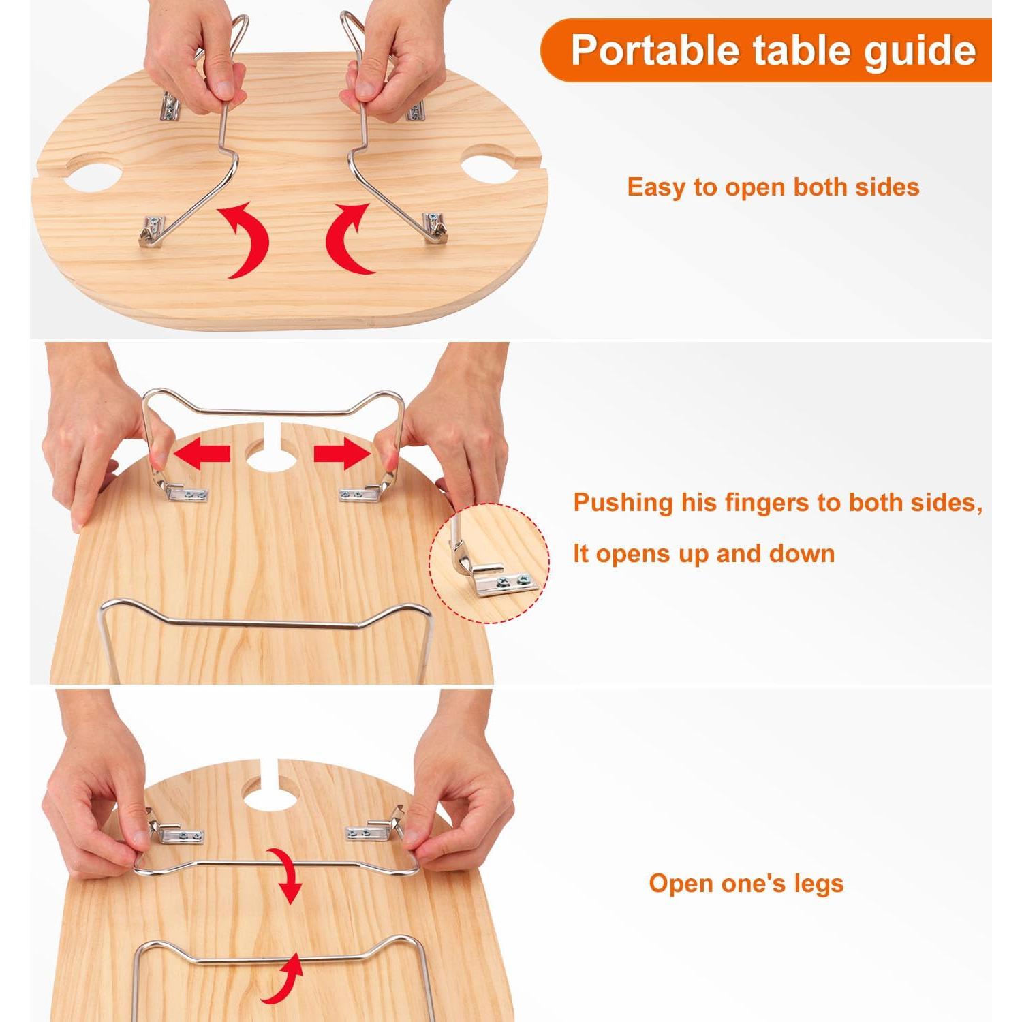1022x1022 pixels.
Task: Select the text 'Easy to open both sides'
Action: click(773, 187)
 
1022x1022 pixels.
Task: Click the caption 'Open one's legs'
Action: click(746, 883)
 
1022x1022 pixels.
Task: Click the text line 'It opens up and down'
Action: click(704, 553)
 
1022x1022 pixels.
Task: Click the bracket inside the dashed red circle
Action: click(501, 576)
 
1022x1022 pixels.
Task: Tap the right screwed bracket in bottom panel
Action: click(369, 831)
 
